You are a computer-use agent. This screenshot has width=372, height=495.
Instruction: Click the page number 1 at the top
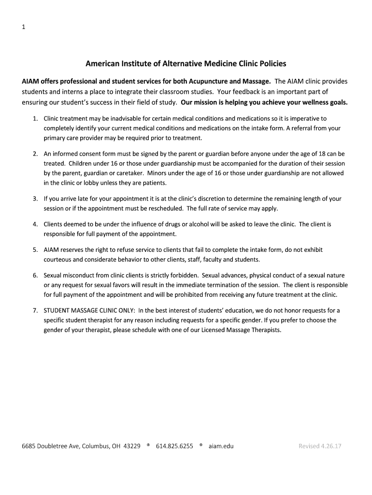pos(23,27)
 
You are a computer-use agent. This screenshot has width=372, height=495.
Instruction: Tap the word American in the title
pos(102,63)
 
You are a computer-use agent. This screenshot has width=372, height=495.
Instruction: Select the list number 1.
pos(35,118)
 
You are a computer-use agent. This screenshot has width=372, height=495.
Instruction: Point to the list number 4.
pos(35,224)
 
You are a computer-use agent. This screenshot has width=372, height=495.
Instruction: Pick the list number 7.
pos(35,310)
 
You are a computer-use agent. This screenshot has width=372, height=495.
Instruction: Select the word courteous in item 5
pos(58,260)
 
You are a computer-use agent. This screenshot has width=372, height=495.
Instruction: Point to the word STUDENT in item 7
pos(57,310)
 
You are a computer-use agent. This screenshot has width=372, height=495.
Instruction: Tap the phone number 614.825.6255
pos(174,446)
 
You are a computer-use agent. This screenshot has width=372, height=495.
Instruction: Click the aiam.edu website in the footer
pos(221,446)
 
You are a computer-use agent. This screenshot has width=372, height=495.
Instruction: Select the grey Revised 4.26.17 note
pos(320,446)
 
